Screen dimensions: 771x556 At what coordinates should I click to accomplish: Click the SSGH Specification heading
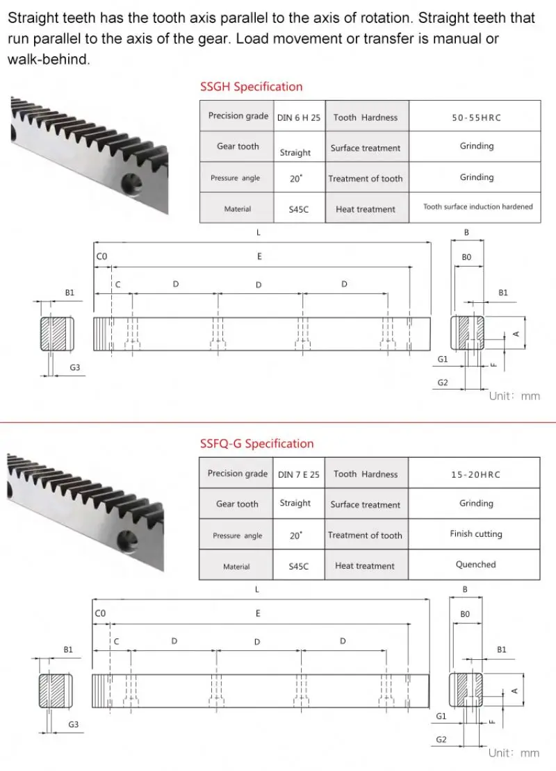pos(251,87)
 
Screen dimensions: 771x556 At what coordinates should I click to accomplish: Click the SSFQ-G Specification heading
pos(256,444)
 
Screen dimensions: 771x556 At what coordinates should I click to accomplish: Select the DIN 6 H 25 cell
pos(299,117)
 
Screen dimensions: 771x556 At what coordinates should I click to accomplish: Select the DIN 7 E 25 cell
pos(299,474)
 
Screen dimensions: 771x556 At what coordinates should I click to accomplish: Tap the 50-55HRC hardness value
pos(476,117)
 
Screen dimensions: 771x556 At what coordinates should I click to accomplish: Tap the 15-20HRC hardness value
pos(476,474)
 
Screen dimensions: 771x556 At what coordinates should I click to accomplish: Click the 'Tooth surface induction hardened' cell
pos(477,206)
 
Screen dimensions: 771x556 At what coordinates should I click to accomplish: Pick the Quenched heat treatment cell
pos(475,565)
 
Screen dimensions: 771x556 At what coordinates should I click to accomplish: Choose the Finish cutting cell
pos(475,534)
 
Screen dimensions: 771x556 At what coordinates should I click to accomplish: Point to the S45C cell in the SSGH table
pos(299,208)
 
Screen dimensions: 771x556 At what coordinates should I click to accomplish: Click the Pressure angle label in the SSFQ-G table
pos(237,536)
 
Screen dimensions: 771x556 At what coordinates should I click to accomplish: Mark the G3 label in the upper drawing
pos(74,367)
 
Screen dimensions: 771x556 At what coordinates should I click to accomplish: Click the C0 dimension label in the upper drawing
pos(101,257)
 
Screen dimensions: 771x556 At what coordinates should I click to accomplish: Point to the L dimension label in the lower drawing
pos(257,589)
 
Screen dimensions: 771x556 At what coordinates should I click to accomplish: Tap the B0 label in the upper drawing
pos(466,257)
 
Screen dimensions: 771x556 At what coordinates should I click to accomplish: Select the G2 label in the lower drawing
pos(441,740)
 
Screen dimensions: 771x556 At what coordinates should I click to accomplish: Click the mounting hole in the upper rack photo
pos(130,185)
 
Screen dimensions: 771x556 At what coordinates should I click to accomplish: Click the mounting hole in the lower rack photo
pos(126,540)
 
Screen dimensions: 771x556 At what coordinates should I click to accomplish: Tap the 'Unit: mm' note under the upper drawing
pos(514,396)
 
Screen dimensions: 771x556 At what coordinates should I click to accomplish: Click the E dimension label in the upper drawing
pos(259,256)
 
